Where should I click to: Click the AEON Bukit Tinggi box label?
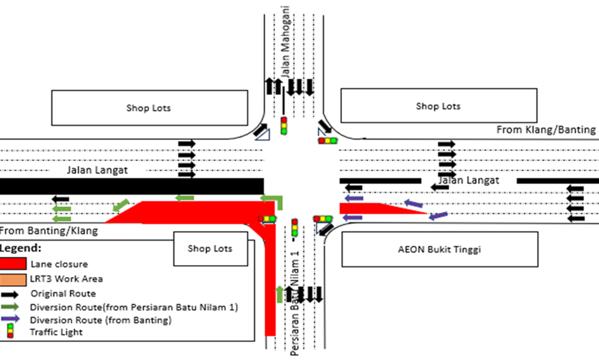[x=439, y=249]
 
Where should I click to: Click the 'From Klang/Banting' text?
[x=546, y=130]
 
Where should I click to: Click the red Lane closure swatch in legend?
[x=14, y=264]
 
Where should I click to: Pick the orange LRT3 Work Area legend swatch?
[x=14, y=278]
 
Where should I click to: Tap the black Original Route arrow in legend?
[x=14, y=293]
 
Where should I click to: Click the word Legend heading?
[x=21, y=248]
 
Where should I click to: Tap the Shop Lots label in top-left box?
[x=148, y=108]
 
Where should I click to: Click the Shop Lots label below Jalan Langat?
[x=210, y=248]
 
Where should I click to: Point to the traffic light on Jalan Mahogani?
[x=284, y=126]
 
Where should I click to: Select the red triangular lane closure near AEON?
[x=374, y=208]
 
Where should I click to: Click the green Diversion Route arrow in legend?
[x=14, y=306]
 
